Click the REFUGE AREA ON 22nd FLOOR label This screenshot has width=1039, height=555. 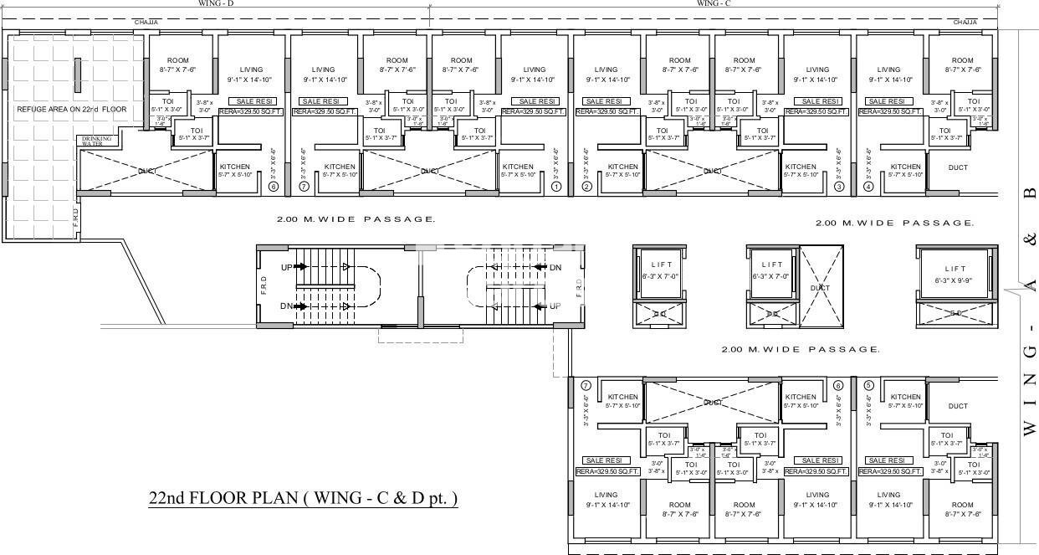pos(72,110)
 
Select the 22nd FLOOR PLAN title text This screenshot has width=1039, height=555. pos(303,498)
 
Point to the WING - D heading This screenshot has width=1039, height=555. pos(215,3)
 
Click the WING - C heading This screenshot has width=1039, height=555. pos(714,3)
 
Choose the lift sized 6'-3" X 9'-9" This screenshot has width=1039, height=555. pos(954,274)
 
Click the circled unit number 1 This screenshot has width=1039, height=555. pos(557,188)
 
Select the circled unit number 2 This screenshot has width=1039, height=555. pos(586,188)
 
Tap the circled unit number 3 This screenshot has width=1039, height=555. pos(839,188)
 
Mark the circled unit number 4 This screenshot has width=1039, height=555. pos(868,188)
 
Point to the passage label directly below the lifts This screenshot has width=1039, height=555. pos(800,349)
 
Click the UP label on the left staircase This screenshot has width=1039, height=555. pos(286,267)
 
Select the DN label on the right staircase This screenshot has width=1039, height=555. pos(555,268)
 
